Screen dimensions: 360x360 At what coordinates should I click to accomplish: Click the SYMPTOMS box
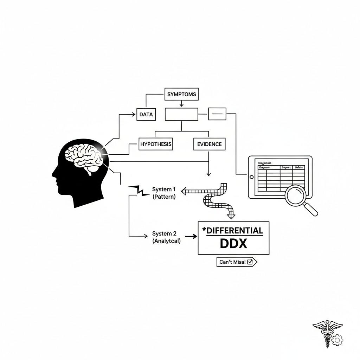(x=181, y=94)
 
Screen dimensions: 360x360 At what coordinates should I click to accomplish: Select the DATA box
(x=146, y=114)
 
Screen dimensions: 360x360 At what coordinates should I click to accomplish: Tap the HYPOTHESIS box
(x=156, y=144)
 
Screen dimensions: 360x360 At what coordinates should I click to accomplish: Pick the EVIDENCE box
(x=209, y=144)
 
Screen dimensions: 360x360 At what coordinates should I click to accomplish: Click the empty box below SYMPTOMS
(x=181, y=114)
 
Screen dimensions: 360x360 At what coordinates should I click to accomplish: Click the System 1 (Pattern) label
(x=164, y=193)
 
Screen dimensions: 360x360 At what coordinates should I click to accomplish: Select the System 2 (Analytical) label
(x=166, y=237)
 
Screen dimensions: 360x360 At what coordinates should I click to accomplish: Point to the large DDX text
(x=233, y=244)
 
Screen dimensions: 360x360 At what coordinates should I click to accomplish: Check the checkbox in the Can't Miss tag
(x=250, y=262)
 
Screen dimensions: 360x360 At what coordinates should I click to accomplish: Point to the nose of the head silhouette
(x=53, y=174)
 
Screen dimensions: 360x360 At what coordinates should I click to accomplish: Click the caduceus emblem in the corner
(x=327, y=332)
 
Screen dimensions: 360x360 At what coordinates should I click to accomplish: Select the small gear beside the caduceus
(x=338, y=340)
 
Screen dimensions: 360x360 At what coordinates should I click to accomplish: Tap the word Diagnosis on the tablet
(x=265, y=163)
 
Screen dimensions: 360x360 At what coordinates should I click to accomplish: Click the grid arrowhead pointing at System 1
(x=184, y=191)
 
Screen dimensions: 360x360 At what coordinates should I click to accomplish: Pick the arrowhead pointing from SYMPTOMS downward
(x=181, y=104)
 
